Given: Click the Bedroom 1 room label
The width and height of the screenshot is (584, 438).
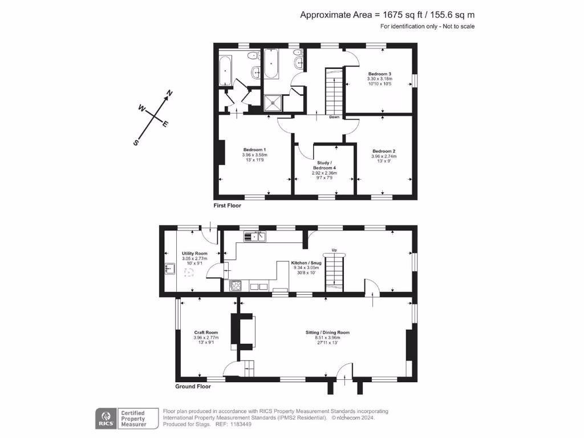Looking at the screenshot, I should point(254,149).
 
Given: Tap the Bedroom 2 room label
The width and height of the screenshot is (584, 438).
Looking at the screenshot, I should point(384,151).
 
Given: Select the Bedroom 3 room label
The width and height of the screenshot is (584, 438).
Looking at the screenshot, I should point(379,74).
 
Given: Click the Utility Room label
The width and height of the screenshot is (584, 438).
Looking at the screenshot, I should point(194,253).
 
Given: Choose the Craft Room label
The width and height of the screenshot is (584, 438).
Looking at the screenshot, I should point(206,332).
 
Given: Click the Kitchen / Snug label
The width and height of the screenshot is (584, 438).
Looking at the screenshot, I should point(307,263).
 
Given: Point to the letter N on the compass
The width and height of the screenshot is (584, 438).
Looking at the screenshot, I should point(169,93).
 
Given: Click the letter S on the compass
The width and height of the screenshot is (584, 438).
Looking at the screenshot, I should point(136,143).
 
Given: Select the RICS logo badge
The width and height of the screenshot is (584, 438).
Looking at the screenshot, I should point(105,418).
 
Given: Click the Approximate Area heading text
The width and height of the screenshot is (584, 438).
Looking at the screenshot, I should point(387,15).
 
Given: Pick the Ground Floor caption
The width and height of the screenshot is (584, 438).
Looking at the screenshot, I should point(193,387).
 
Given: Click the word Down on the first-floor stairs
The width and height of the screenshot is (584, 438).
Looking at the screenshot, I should point(334,117).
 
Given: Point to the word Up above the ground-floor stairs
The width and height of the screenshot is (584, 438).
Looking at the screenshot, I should point(334,250).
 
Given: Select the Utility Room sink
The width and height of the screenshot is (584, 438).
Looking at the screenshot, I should point(170,268).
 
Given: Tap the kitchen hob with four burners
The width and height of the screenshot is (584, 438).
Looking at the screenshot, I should point(235,286).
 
